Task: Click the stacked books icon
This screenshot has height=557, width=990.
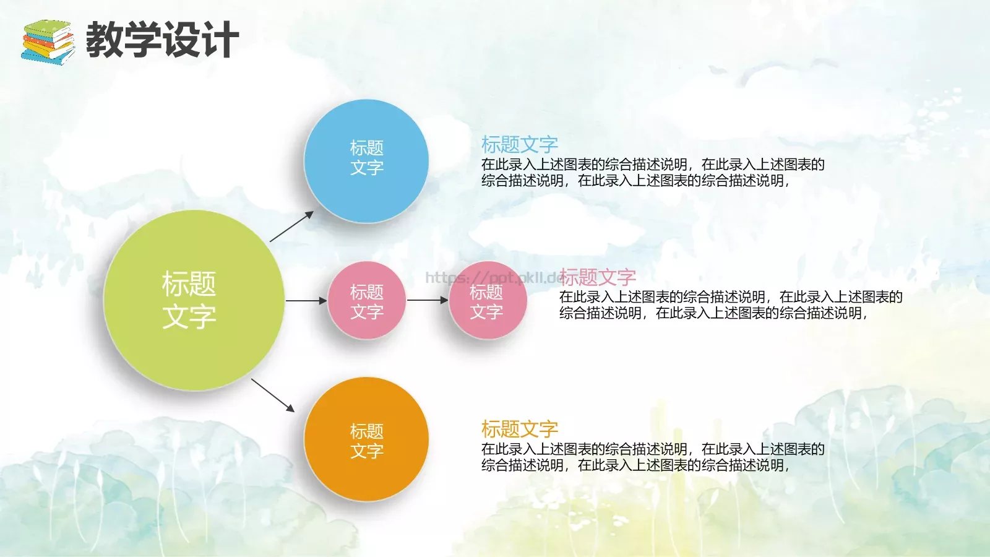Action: tap(48, 42)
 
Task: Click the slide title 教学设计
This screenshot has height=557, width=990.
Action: tap(162, 40)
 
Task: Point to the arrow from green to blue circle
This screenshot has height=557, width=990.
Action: tap(291, 227)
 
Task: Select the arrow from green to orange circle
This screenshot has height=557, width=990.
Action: tap(272, 395)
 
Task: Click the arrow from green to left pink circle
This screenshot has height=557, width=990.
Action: tap(306, 301)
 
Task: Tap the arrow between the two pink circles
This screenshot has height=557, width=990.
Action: tap(427, 300)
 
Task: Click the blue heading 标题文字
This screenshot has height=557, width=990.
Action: tap(520, 145)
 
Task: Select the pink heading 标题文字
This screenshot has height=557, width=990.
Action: tap(598, 277)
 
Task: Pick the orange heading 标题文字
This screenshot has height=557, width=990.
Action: tap(520, 429)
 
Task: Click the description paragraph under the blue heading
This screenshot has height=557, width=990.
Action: tap(652, 173)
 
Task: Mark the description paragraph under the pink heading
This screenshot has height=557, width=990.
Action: tap(730, 305)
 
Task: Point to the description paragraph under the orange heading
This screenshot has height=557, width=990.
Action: tap(652, 457)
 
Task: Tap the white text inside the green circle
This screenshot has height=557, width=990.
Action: tap(189, 300)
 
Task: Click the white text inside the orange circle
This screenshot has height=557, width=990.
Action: tap(366, 441)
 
